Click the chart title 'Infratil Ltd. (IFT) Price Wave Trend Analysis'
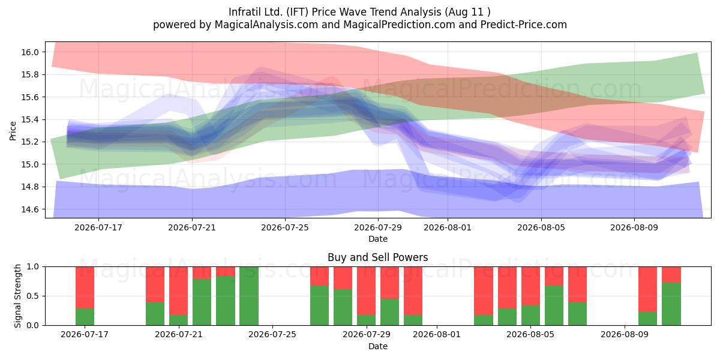click(x=335, y=12)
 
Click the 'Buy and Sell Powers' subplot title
click(x=377, y=257)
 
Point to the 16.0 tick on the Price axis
click(x=30, y=52)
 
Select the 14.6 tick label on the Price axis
click(x=30, y=209)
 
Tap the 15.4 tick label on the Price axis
click(x=30, y=119)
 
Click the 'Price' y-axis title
click(x=13, y=131)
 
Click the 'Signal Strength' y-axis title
click(x=17, y=296)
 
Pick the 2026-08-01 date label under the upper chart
click(x=448, y=227)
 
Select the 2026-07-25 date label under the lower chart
click(x=272, y=334)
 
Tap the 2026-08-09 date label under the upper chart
click(x=634, y=227)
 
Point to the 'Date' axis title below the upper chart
click(x=377, y=239)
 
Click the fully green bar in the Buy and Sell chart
click(x=249, y=296)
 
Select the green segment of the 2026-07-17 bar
click(x=85, y=317)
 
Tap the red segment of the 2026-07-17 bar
click(x=85, y=287)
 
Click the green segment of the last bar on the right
click(x=671, y=304)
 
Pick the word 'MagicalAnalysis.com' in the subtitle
click(x=266, y=25)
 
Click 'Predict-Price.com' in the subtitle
click(x=524, y=25)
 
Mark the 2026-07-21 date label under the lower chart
click(x=179, y=334)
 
